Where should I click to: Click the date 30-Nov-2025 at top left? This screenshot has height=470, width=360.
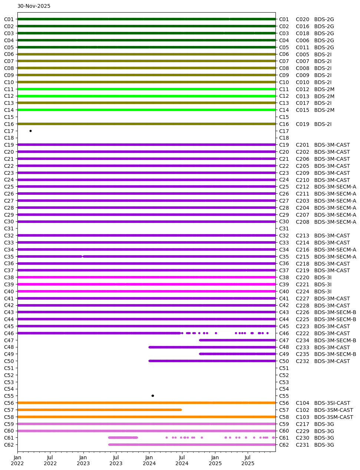pyautogui.click(x=34, y=6)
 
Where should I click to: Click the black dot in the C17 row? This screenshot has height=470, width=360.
pyautogui.click(x=30, y=131)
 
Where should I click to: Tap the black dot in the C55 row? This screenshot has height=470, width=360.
pyautogui.click(x=152, y=396)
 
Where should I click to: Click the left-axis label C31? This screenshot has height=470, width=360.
pyautogui.click(x=9, y=229)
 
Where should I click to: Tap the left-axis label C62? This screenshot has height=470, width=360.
pyautogui.click(x=9, y=445)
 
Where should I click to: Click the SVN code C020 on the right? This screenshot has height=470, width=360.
pyautogui.click(x=302, y=19)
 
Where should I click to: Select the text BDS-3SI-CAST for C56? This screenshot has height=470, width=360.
pyautogui.click(x=332, y=403)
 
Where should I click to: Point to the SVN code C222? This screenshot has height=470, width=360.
pyautogui.click(x=302, y=333)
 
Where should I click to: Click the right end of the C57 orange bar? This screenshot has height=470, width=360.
pyautogui.click(x=181, y=410)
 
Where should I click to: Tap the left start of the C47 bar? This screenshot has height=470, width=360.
pyautogui.click(x=200, y=340)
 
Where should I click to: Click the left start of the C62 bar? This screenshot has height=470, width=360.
pyautogui.click(x=109, y=444)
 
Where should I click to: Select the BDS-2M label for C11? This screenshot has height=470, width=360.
pyautogui.click(x=324, y=89)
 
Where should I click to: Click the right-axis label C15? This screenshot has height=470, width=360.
pyautogui.click(x=284, y=117)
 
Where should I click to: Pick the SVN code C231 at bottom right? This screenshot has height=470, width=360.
pyautogui.click(x=302, y=445)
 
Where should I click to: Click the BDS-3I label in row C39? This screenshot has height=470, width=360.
pyautogui.click(x=323, y=284)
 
